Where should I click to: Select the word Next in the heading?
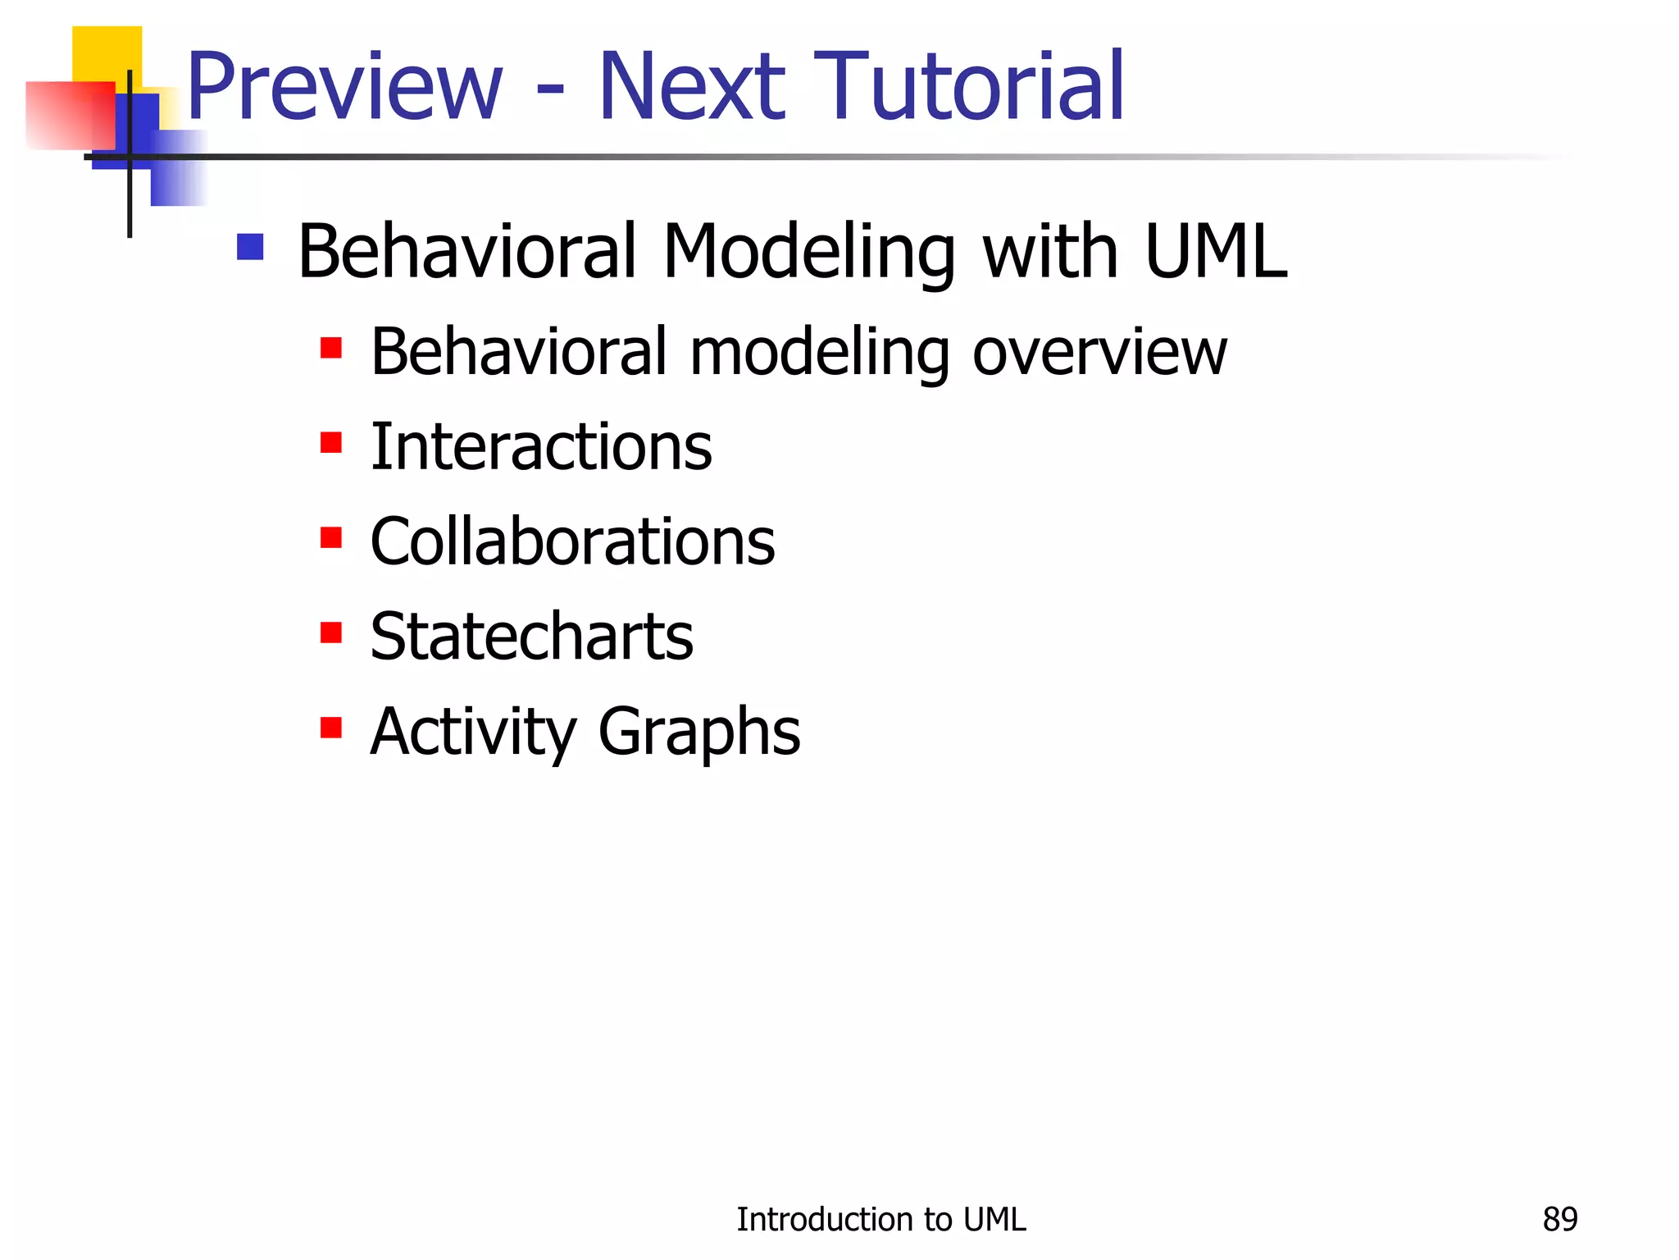point(693,87)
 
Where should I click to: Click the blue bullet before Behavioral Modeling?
point(250,247)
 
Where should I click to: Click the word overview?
point(1099,353)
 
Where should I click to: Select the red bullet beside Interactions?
point(331,443)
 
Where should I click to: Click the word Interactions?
point(541,448)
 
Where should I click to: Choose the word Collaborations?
point(572,542)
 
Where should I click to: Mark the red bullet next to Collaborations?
point(331,538)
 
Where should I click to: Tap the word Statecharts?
point(531,637)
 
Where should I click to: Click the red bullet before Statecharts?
point(331,633)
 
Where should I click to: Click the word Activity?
point(473,733)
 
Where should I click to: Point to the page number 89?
point(1559,1220)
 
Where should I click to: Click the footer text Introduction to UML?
point(880,1220)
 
